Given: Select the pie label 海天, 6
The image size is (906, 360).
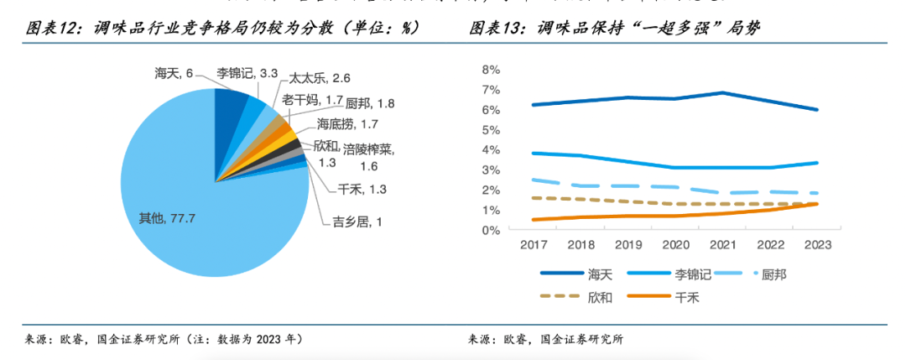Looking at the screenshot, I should pos(174,74).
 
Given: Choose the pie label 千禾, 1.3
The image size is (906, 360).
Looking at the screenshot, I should pos(362,190).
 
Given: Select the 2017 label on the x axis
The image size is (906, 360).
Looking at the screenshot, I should pos(534,245).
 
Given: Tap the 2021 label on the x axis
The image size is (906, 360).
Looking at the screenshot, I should pos(723,245).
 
